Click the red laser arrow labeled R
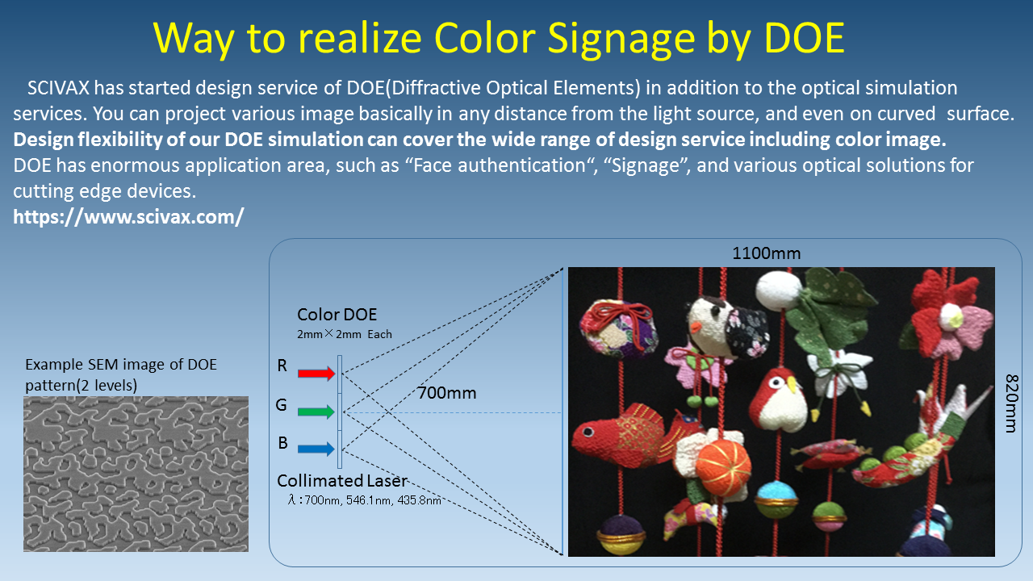pyautogui.click(x=316, y=373)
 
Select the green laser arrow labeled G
pyautogui.click(x=316, y=412)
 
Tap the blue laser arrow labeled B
pyautogui.click(x=316, y=449)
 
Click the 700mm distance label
pyautogui.click(x=446, y=393)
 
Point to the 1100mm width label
pyautogui.click(x=767, y=253)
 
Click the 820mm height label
pyautogui.click(x=1011, y=403)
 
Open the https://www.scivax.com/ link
pyautogui.click(x=128, y=217)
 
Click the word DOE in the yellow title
pyautogui.click(x=805, y=38)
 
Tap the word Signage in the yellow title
pyautogui.click(x=621, y=40)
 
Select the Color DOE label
pyautogui.click(x=337, y=315)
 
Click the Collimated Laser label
pyautogui.click(x=342, y=481)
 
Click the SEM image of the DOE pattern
pyautogui.click(x=136, y=474)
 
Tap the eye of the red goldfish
pyautogui.click(x=588, y=432)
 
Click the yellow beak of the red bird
pyautogui.click(x=793, y=386)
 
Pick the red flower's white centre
pyautogui.click(x=951, y=317)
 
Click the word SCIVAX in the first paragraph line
pyautogui.click(x=58, y=88)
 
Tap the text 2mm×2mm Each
pyautogui.click(x=345, y=334)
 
